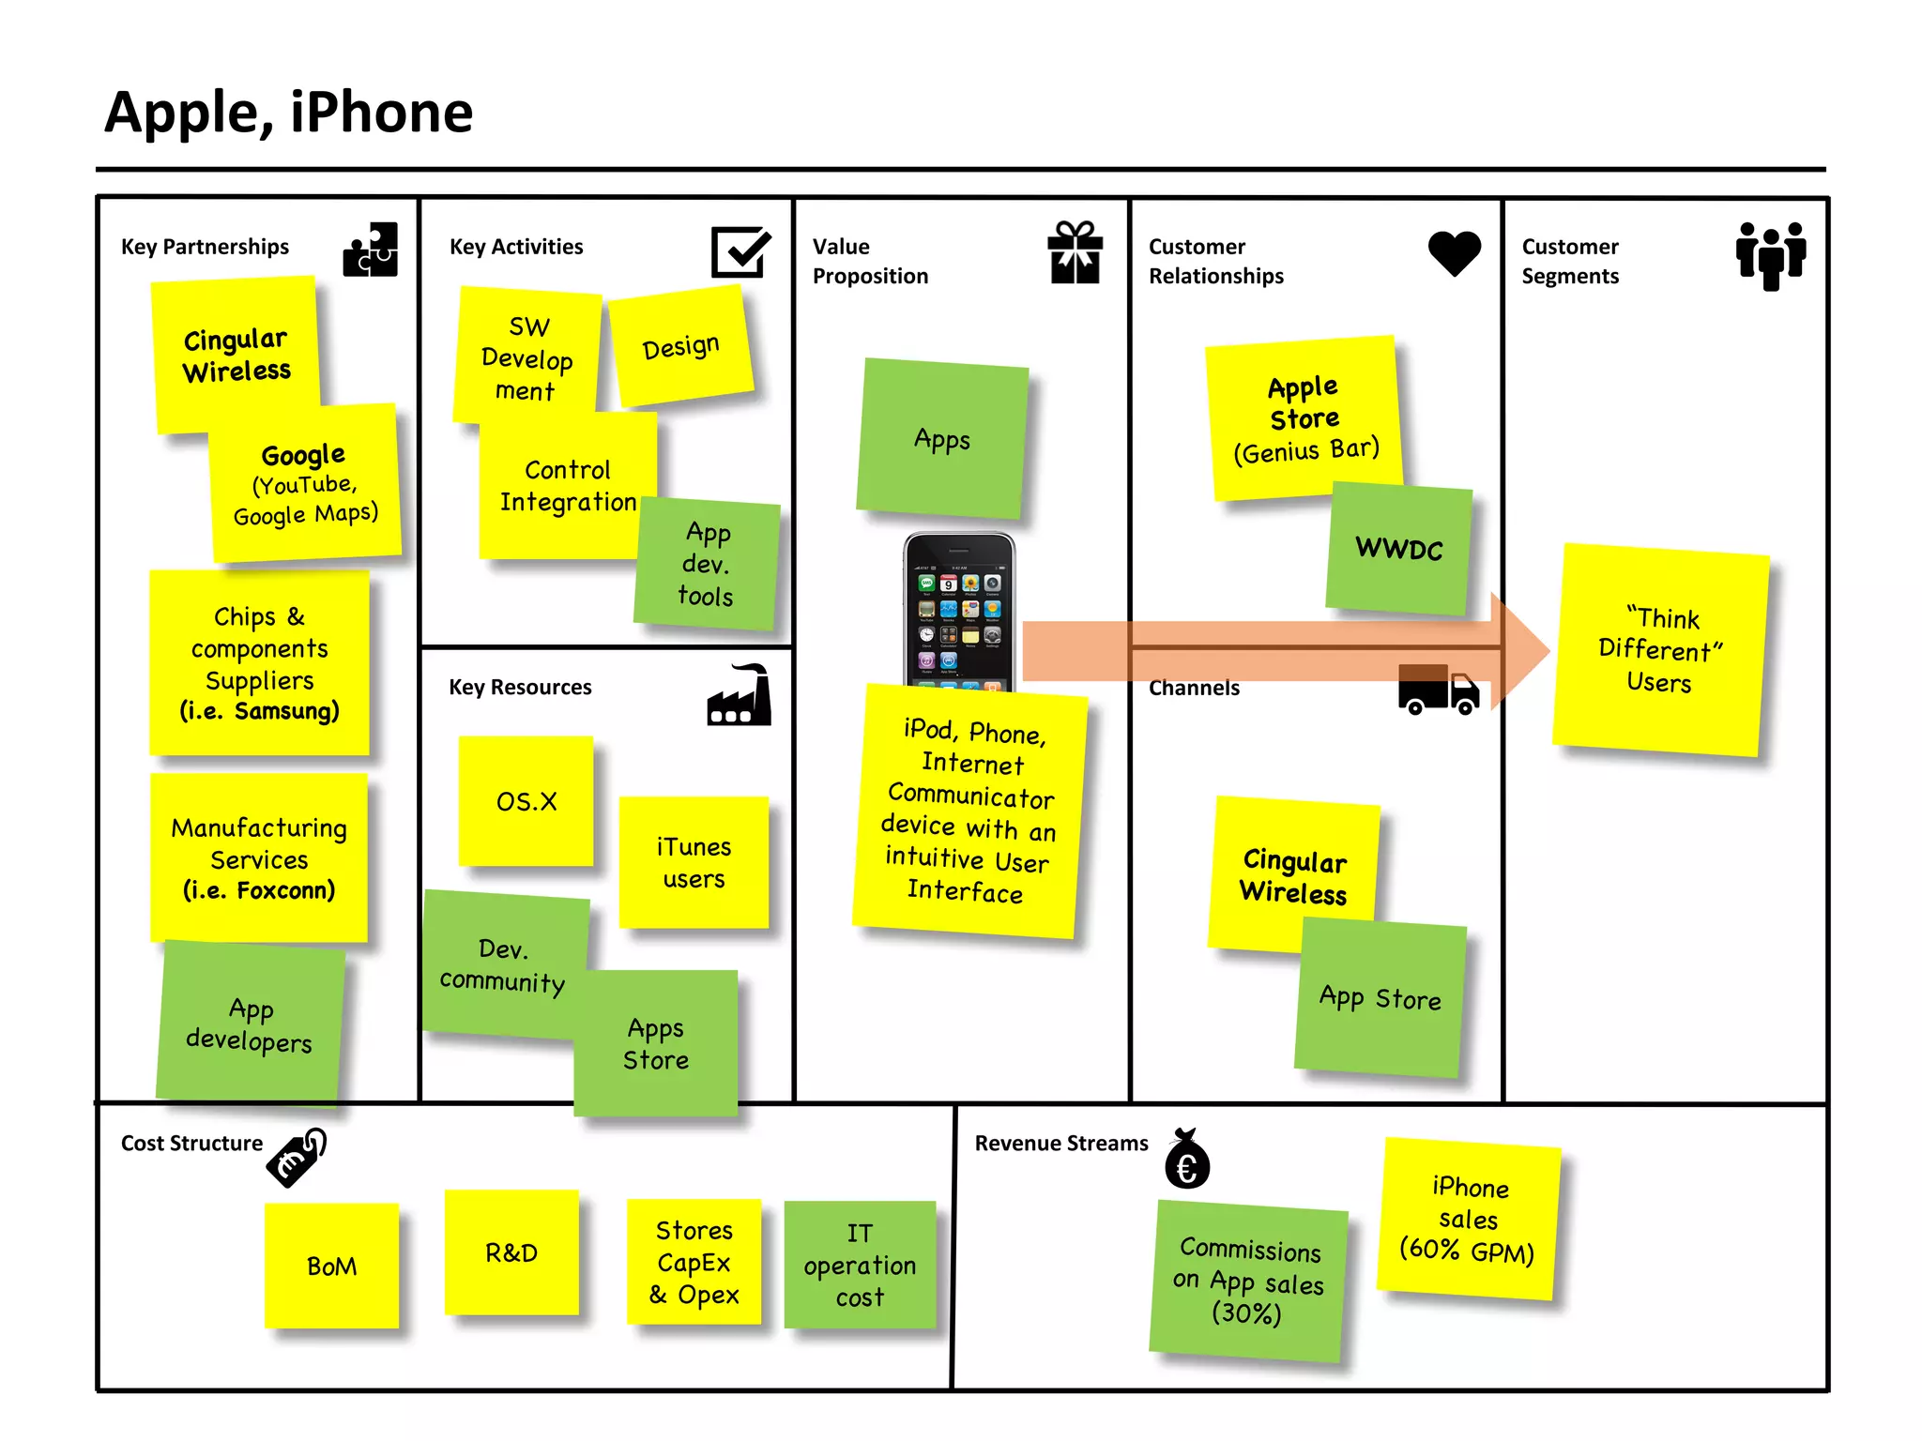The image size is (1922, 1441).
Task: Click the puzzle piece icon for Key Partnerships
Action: click(x=371, y=250)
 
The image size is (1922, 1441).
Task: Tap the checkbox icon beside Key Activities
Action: click(x=740, y=250)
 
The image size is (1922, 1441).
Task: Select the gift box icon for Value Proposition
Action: click(x=1075, y=252)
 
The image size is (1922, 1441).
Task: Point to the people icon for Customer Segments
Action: click(x=1770, y=255)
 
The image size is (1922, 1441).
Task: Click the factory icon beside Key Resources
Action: click(x=740, y=695)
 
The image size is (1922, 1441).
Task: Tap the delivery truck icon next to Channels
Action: click(x=1438, y=690)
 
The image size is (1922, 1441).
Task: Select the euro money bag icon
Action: click(x=1187, y=1160)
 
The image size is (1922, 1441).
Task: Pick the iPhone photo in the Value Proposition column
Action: click(x=959, y=610)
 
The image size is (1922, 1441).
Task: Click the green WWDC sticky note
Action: click(x=1398, y=549)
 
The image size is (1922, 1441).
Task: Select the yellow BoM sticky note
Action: click(x=331, y=1266)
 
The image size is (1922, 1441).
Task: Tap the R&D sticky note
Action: click(x=511, y=1252)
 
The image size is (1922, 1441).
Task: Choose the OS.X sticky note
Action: click(x=526, y=801)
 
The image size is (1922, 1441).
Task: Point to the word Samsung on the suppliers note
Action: click(x=285, y=711)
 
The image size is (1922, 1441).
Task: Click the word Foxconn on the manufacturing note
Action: click(x=285, y=890)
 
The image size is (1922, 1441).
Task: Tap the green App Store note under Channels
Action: click(x=1379, y=997)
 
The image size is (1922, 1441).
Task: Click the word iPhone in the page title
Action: click(x=381, y=113)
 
